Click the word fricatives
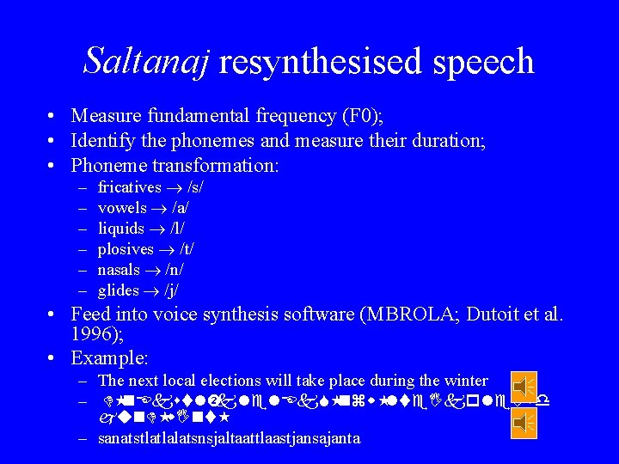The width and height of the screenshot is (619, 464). [130, 186]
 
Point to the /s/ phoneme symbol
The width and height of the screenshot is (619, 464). [193, 186]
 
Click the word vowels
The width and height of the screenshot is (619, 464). [122, 207]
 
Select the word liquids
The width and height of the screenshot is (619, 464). [121, 228]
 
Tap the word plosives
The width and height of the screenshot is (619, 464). [126, 248]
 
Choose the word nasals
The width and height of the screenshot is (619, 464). [120, 269]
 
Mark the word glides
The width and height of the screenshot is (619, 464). [118, 290]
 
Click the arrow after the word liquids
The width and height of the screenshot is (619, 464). [156, 229]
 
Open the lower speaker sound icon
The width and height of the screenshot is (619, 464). [523, 423]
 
